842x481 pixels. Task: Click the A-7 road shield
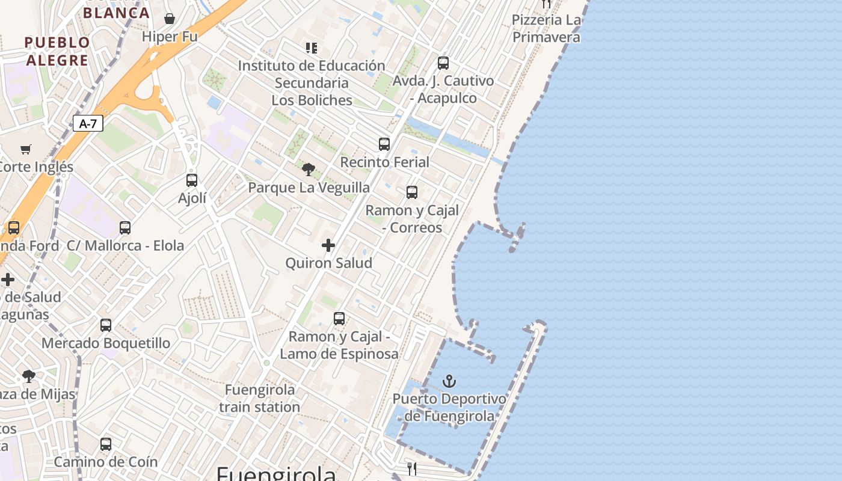pos(88,124)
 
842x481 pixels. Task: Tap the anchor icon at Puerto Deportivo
pos(449,381)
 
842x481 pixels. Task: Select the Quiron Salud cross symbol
pos(328,245)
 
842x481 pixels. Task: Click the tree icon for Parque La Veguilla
pos(309,170)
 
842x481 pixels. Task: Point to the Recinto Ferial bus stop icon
pos(384,144)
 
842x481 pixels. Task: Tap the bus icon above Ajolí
pos(192,180)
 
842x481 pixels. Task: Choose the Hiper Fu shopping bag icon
pos(170,19)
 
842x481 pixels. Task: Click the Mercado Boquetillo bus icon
pos(106,325)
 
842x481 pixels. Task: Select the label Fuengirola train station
pos(259,399)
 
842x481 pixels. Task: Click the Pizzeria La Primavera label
pos(546,28)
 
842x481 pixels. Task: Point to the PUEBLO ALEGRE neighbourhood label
pos(57,51)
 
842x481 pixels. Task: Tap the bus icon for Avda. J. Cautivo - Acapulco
pos(443,63)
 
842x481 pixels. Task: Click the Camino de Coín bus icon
pos(106,444)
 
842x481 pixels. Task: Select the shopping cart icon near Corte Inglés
pos(26,149)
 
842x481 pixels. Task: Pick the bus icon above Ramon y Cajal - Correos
pos(412,192)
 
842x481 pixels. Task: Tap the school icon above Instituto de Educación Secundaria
pos(311,47)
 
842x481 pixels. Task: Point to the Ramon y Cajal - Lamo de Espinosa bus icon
pos(339,319)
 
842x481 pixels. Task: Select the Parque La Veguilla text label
pos(309,188)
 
